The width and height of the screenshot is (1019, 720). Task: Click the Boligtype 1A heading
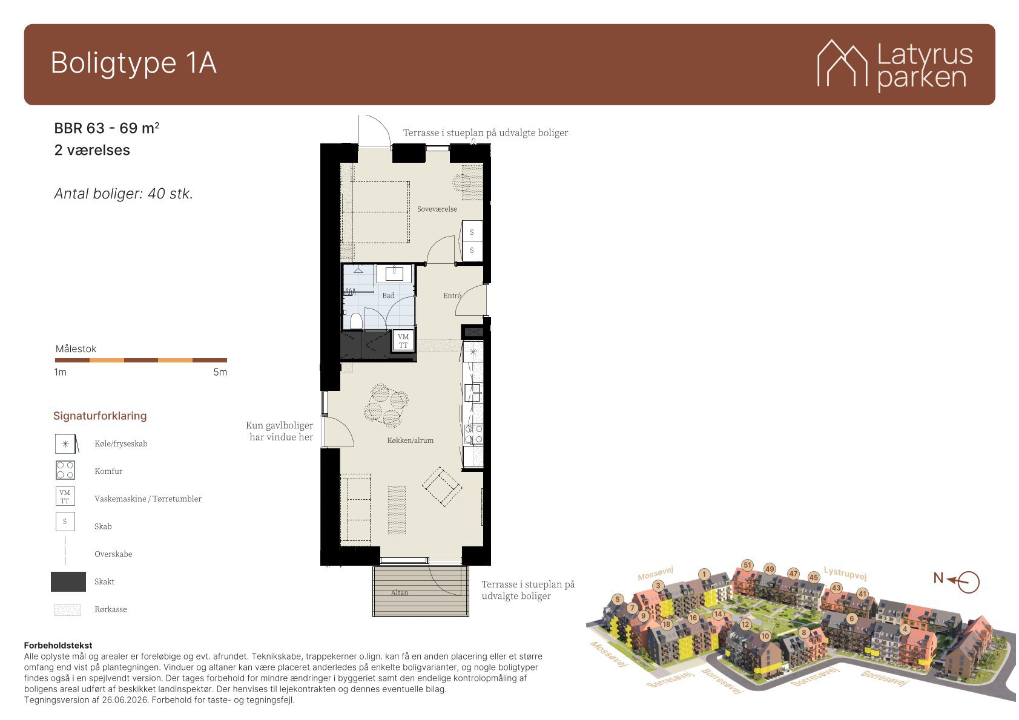coord(133,63)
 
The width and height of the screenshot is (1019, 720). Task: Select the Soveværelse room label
coord(437,209)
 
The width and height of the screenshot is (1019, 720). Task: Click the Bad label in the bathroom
coord(388,295)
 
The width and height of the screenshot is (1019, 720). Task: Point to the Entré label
coord(452,295)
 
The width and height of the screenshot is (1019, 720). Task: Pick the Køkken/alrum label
coord(411,440)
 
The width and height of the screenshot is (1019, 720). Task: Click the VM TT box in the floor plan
coord(403,341)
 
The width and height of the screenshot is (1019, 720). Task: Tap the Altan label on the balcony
coord(400,593)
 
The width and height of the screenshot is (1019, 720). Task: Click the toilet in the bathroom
coord(356,321)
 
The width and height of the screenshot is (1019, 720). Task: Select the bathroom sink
coord(394,273)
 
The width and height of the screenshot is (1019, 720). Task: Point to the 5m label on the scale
coord(220,372)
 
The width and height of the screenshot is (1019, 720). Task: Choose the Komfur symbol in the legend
coord(65,471)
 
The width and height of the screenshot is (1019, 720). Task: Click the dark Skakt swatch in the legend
coord(68,581)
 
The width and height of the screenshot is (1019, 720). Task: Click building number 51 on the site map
coord(747,566)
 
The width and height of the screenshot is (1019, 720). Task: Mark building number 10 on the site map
coord(765,637)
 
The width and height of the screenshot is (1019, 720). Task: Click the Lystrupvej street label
coord(845,574)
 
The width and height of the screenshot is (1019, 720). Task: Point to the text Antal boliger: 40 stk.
coord(124,194)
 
